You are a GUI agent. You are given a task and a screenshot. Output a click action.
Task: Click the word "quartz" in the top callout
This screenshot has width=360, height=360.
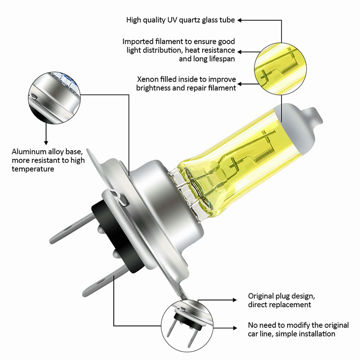pyautogui.click(x=190, y=20)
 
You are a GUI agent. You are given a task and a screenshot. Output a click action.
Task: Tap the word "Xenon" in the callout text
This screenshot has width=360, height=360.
pyautogui.click(x=148, y=79)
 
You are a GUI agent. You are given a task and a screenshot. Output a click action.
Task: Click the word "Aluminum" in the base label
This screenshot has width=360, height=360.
pyautogui.click(x=29, y=152)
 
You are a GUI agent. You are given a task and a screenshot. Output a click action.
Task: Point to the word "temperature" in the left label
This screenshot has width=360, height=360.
pyautogui.click(x=33, y=169)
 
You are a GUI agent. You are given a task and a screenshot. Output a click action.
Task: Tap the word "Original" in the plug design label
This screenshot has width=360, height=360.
pyautogui.click(x=261, y=296)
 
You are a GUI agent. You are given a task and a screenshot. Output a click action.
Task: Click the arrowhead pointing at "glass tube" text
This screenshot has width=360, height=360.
pyautogui.click(x=240, y=20)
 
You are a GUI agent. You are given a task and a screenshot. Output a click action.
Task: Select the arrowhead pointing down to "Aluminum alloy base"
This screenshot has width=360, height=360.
pyautogui.click(x=46, y=143)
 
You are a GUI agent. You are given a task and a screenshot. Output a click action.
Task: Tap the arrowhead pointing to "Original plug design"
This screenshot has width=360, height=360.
pyautogui.click(x=235, y=300)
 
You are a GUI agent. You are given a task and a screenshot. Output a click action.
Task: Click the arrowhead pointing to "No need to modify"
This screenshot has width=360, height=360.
pyautogui.click(x=235, y=328)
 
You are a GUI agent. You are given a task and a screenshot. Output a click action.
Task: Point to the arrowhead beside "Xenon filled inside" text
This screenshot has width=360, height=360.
pyautogui.click(x=240, y=84)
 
